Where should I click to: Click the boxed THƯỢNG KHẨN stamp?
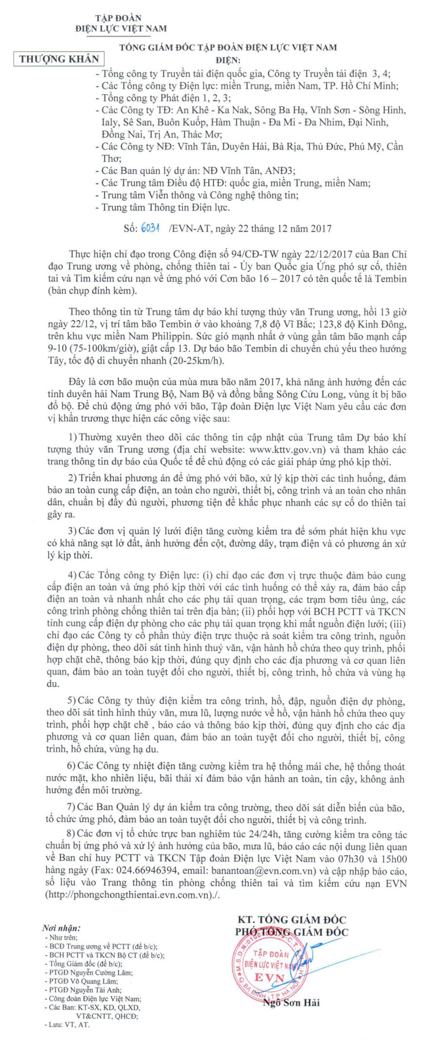pos(59,59)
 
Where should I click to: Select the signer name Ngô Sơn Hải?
pos(291,1002)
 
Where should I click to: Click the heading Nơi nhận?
pos(61,928)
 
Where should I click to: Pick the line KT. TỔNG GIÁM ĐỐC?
pos(291,920)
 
